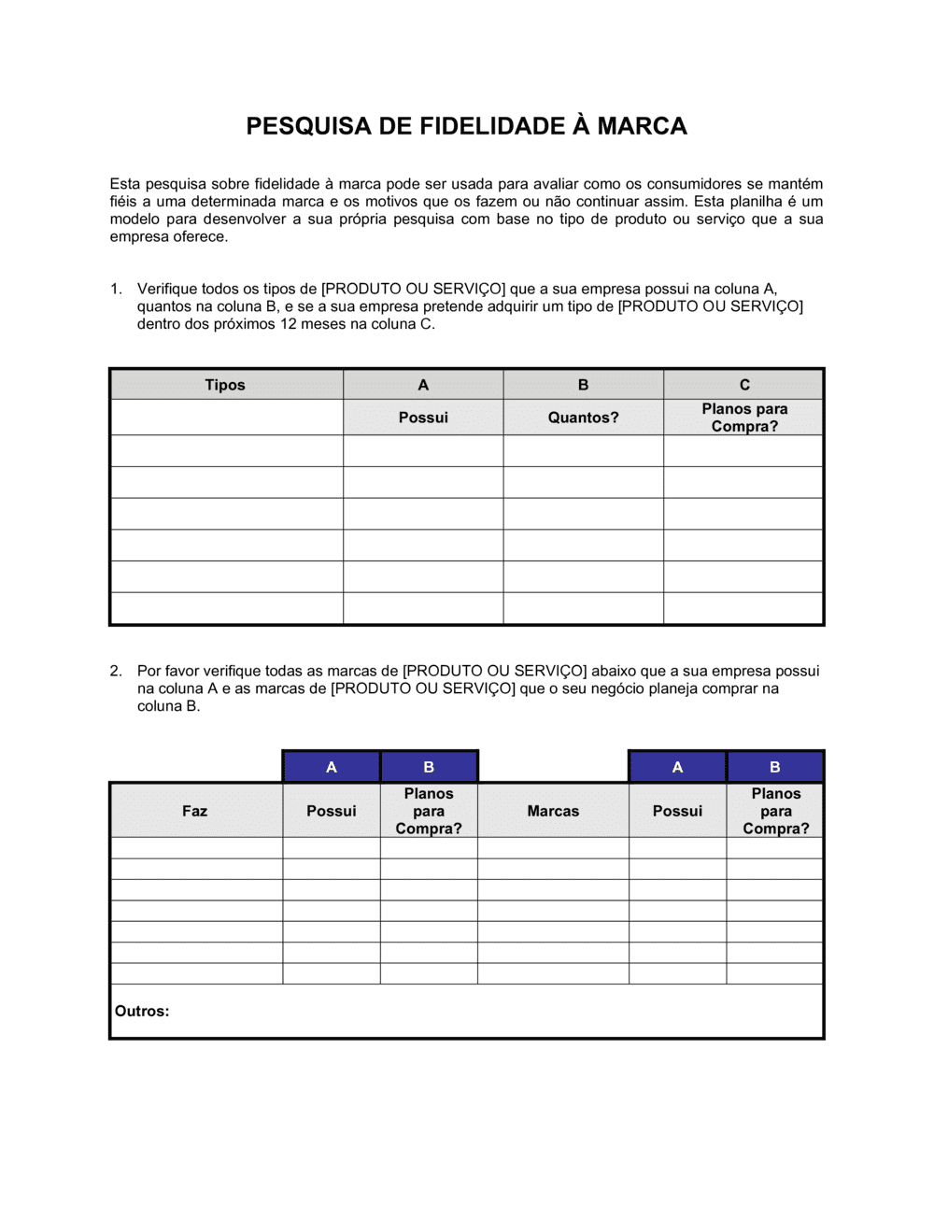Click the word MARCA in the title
click(x=642, y=126)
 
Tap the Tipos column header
click(x=225, y=385)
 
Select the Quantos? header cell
click(x=583, y=418)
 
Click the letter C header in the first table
click(x=744, y=385)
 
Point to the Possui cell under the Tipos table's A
click(x=423, y=418)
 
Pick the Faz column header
click(x=194, y=811)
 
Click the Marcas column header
click(x=553, y=811)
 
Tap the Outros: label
click(x=142, y=1011)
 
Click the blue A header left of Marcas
click(x=332, y=767)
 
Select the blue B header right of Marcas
click(x=775, y=767)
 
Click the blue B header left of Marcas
click(x=429, y=767)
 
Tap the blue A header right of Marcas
click(x=677, y=767)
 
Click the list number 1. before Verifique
click(x=116, y=289)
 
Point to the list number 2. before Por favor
click(x=116, y=671)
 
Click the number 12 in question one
click(x=289, y=324)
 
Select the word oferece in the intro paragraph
click(x=199, y=236)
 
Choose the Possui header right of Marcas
click(x=677, y=811)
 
